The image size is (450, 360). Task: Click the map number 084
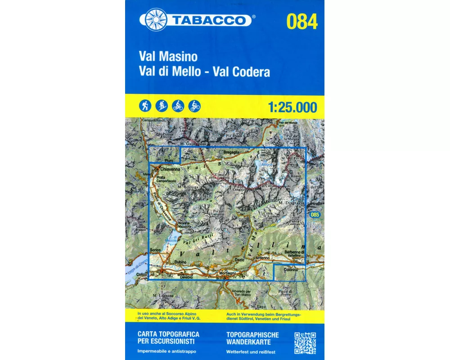(301, 21)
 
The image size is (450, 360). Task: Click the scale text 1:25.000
(292, 108)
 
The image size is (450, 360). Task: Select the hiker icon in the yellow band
(145, 106)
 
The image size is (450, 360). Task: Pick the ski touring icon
(162, 106)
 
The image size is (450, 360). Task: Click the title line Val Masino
(168, 57)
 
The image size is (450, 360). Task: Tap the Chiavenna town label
(170, 170)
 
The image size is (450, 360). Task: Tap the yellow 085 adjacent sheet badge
(315, 216)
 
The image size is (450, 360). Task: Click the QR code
(305, 343)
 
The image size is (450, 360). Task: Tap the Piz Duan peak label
(234, 135)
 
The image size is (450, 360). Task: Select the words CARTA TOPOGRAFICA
(168, 335)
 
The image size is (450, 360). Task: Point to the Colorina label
(290, 270)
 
